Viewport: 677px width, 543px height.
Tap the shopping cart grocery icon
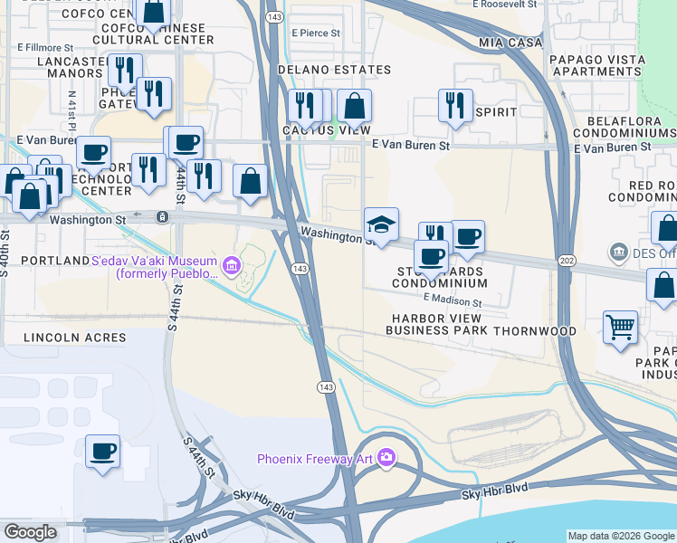coord(620,327)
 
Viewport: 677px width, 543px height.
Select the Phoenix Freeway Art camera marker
coord(387,458)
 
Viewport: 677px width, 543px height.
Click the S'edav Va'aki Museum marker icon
coord(231,265)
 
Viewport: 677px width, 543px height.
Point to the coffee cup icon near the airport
coord(102,451)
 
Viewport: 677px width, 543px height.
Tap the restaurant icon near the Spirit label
coord(455,104)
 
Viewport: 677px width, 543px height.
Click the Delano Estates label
coord(334,70)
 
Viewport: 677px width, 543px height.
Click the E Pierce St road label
coord(316,33)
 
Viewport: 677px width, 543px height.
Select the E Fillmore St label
coord(44,46)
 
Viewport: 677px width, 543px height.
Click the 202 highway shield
coord(567,261)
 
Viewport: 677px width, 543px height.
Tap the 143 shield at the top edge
coord(272,17)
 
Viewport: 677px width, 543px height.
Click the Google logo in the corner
coord(30,532)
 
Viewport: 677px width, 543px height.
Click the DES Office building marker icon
coord(619,250)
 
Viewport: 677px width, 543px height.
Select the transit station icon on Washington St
coord(161,217)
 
